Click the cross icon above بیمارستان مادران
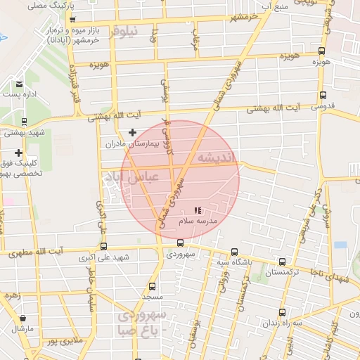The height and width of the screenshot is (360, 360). click(132, 132)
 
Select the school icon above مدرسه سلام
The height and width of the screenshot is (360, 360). click(198, 210)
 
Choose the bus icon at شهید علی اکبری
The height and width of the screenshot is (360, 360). click(104, 246)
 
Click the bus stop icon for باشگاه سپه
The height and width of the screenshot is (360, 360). click(235, 252)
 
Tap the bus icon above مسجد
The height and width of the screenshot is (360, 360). click(153, 286)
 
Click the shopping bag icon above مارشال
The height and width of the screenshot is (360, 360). click(22, 318)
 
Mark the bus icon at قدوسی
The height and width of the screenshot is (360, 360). click(323, 95)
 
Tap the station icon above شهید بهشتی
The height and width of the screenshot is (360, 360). click(24, 121)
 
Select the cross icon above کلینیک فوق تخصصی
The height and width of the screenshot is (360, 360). click(18, 153)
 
